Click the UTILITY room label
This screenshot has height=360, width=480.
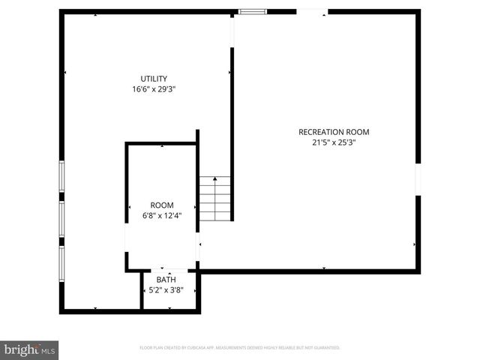pyautogui.click(x=154, y=79)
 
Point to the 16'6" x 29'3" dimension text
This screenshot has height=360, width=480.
pyautogui.click(x=154, y=89)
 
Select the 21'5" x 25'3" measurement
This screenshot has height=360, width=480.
pyautogui.click(x=334, y=142)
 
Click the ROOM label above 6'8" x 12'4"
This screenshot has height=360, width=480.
pyautogui.click(x=162, y=205)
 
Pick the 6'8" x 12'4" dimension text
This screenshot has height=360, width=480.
pyautogui.click(x=162, y=216)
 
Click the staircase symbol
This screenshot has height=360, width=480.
pyautogui.click(x=215, y=198)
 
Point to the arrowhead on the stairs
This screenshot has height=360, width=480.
pyautogui.click(x=215, y=179)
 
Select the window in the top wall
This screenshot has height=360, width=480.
pyautogui.click(x=252, y=11)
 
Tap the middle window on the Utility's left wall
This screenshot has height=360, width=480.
pyautogui.click(x=62, y=218)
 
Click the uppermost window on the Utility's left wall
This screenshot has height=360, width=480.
pyautogui.click(x=62, y=179)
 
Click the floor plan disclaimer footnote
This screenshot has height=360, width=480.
pyautogui.click(x=240, y=348)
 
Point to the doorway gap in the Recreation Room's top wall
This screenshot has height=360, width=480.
pyautogui.click(x=311, y=11)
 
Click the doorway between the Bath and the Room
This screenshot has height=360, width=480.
pyautogui.click(x=169, y=271)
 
